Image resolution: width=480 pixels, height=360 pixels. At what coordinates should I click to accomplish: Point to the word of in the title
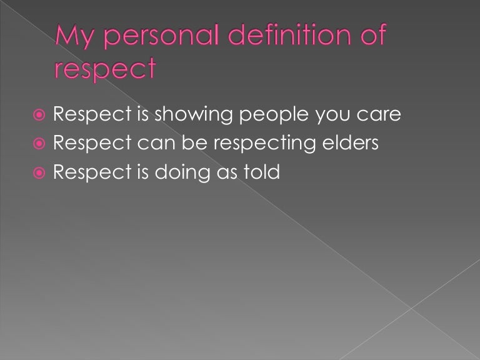tap(369, 36)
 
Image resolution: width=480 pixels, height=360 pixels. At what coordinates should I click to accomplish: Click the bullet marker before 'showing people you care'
tap(39, 116)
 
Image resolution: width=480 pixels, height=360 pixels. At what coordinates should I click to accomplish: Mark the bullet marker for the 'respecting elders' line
tap(39, 144)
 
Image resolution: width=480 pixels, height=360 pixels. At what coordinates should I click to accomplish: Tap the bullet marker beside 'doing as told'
tap(39, 173)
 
